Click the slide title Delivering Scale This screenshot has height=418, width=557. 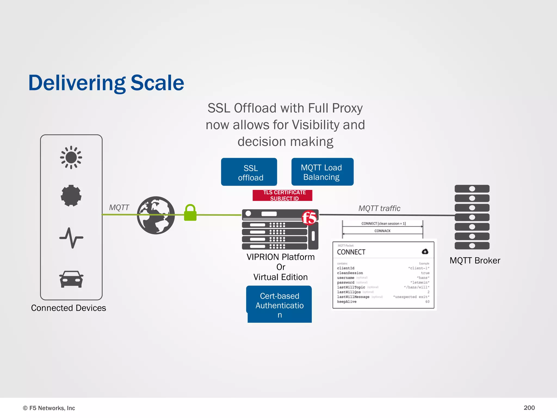(x=106, y=83)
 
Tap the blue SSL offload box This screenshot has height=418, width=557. (x=249, y=172)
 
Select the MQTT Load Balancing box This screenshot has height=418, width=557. (x=322, y=172)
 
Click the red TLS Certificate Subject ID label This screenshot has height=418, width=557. (x=283, y=195)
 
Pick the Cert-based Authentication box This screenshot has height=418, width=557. (x=279, y=305)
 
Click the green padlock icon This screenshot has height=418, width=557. (x=190, y=213)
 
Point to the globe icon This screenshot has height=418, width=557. (x=156, y=215)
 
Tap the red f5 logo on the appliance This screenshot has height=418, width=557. (x=309, y=217)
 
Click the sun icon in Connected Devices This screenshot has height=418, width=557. (x=71, y=157)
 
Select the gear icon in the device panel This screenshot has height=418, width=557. (x=71, y=195)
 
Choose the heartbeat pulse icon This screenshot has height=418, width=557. (x=71, y=238)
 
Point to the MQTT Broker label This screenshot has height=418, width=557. (x=475, y=260)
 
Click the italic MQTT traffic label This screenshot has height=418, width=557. (x=379, y=208)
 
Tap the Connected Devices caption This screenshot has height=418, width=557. (x=69, y=308)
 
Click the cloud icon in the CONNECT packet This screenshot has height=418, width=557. (x=425, y=251)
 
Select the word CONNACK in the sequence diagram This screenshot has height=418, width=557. (x=382, y=231)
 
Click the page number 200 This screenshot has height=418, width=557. (x=529, y=408)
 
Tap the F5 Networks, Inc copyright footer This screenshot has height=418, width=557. (x=49, y=408)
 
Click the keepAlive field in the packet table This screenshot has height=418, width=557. (x=347, y=302)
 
